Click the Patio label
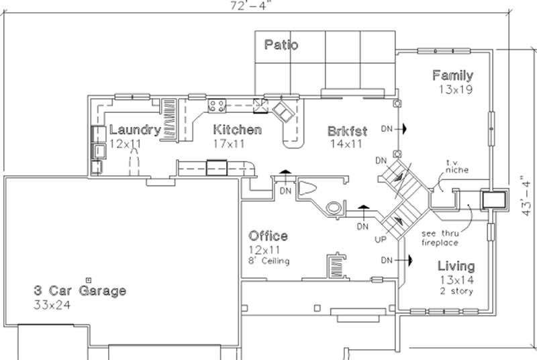[281, 45]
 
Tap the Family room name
[452, 75]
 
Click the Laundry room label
[134, 130]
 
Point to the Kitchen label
[237, 130]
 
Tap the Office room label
[268, 236]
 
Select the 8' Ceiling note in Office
[269, 261]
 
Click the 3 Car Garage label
[80, 291]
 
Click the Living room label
[456, 266]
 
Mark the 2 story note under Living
[456, 291]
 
